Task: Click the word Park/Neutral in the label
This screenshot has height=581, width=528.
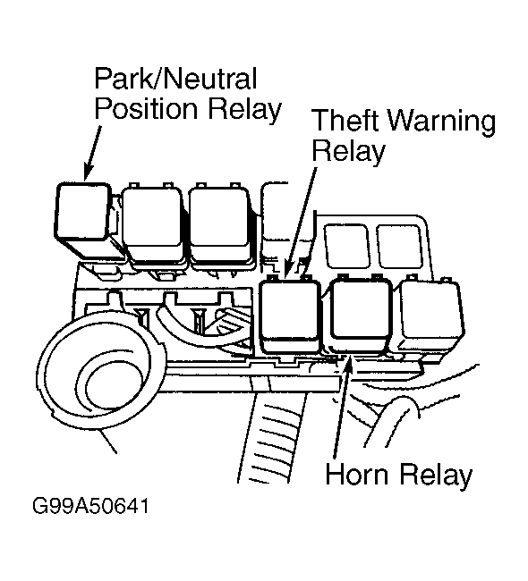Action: tap(175, 78)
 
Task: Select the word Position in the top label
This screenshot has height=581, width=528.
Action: tap(146, 110)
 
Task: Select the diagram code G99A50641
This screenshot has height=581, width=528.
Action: tap(90, 506)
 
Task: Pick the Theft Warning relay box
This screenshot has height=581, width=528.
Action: tap(290, 315)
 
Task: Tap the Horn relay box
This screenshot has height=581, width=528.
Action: tap(359, 314)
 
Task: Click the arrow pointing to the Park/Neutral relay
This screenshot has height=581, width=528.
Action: tap(93, 153)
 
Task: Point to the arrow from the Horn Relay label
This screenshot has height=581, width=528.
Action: tap(342, 407)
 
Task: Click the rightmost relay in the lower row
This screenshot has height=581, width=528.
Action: tap(431, 315)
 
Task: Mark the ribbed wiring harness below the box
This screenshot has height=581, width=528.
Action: tap(273, 437)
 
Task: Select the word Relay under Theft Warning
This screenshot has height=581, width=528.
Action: tap(348, 152)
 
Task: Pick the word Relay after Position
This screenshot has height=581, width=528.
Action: tap(245, 111)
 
